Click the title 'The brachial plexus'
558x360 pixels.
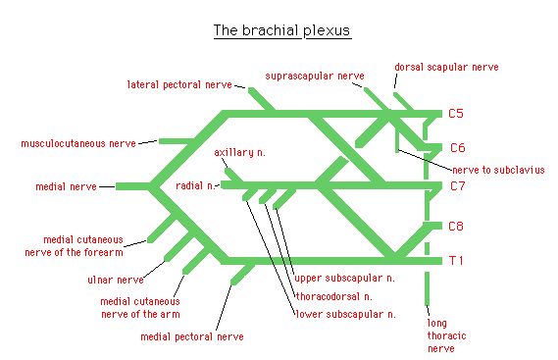coord(281,30)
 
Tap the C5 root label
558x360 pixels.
coord(456,114)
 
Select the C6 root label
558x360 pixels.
coord(457,148)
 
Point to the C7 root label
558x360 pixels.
coord(457,185)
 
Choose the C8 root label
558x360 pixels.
coord(457,227)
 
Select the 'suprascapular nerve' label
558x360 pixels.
coord(314,76)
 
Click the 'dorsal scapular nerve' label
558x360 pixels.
coord(447,67)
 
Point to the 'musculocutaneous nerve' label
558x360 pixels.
coord(78,143)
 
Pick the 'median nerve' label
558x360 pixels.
coord(66,185)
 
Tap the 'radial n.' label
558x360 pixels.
coord(195,185)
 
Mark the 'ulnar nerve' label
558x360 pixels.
coord(115,280)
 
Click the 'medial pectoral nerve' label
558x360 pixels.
coord(190,336)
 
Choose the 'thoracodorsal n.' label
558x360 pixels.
coord(333,295)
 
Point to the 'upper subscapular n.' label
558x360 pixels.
coord(345,278)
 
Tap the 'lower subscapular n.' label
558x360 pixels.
coord(345,314)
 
